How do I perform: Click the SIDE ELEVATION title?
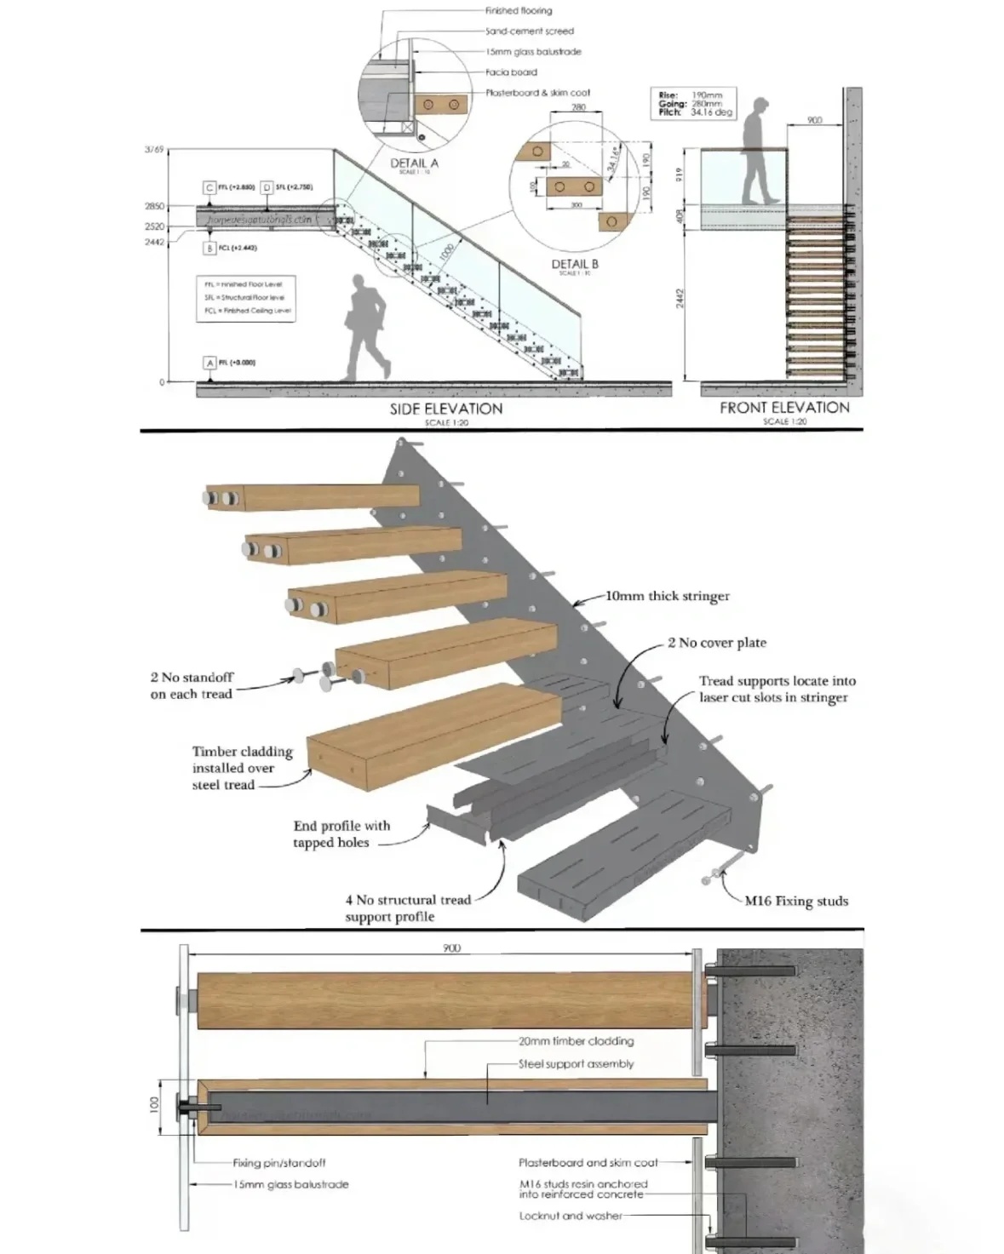click(446, 409)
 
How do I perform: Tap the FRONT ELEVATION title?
click(784, 408)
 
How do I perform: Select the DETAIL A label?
click(415, 163)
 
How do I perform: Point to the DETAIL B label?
click(575, 264)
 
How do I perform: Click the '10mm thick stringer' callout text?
click(668, 596)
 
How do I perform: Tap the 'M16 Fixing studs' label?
click(796, 901)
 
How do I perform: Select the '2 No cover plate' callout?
click(717, 643)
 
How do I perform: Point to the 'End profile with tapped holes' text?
click(341, 834)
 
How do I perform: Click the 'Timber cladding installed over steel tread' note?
click(242, 768)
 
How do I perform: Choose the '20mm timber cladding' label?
click(577, 1041)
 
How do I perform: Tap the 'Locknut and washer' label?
click(571, 1216)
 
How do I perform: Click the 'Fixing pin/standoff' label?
click(279, 1163)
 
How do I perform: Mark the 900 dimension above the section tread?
click(451, 948)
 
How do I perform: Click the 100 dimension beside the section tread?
click(154, 1105)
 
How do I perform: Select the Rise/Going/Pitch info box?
click(693, 102)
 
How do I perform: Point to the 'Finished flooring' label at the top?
click(519, 11)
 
